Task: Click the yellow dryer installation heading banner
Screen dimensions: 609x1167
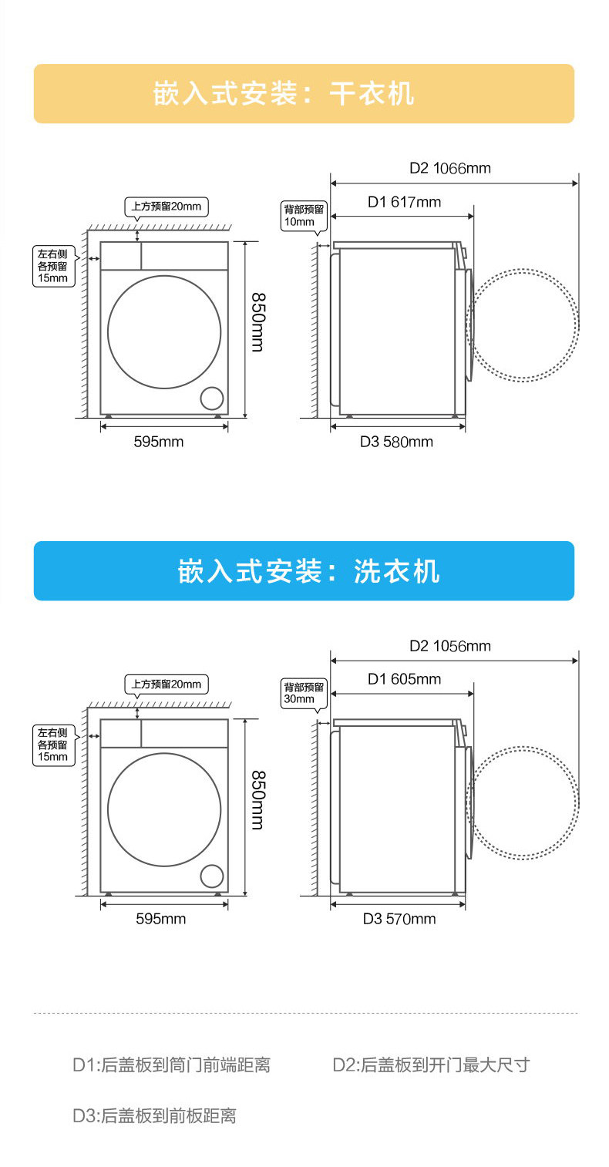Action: click(x=304, y=93)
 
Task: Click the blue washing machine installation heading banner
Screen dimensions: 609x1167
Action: click(x=304, y=571)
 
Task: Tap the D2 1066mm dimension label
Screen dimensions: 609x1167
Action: click(x=449, y=168)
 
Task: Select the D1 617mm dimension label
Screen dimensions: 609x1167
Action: click(x=404, y=202)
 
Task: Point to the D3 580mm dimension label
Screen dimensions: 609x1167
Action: click(x=396, y=442)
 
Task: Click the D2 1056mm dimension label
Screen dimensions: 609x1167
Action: click(x=449, y=646)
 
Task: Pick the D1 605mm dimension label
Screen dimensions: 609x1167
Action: click(x=404, y=679)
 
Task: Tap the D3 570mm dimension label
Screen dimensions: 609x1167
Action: click(x=399, y=919)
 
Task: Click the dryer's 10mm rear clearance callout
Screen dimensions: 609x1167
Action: click(x=304, y=215)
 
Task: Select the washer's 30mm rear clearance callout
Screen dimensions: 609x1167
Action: click(x=304, y=693)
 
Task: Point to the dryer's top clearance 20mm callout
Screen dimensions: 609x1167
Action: click(x=167, y=207)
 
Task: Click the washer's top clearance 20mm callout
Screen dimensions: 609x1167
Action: click(x=167, y=684)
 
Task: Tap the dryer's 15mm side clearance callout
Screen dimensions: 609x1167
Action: click(x=53, y=266)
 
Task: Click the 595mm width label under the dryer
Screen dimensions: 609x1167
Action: click(x=159, y=442)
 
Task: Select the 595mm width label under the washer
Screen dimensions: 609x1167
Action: click(x=160, y=919)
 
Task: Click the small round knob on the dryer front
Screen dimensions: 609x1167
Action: click(x=211, y=398)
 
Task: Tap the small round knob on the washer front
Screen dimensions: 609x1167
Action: click(x=211, y=876)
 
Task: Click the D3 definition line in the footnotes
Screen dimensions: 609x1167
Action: click(x=154, y=1115)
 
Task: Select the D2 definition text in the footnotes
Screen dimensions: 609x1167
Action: click(x=431, y=1065)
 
